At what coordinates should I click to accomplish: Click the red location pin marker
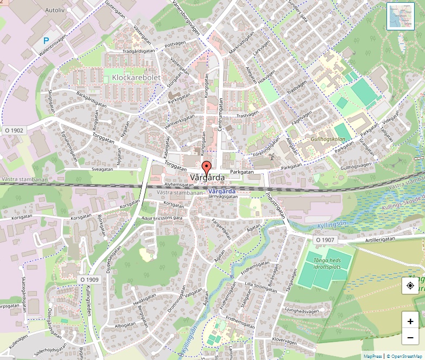tap(206, 167)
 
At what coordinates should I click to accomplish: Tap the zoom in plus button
tap(410, 321)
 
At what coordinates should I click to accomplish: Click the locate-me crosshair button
tap(410, 286)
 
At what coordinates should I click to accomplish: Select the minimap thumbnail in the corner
tap(401, 16)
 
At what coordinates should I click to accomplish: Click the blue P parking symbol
tap(47, 41)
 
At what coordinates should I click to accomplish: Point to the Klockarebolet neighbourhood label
tap(136, 78)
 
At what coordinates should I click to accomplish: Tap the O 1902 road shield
tap(14, 130)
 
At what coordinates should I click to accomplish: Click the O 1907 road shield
tap(325, 239)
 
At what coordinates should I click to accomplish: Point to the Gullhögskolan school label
tap(328, 139)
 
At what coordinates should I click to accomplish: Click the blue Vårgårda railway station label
tap(221, 192)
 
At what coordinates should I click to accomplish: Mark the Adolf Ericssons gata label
tap(161, 218)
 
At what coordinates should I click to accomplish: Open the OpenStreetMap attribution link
tap(404, 356)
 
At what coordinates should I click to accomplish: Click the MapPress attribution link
tap(373, 356)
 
